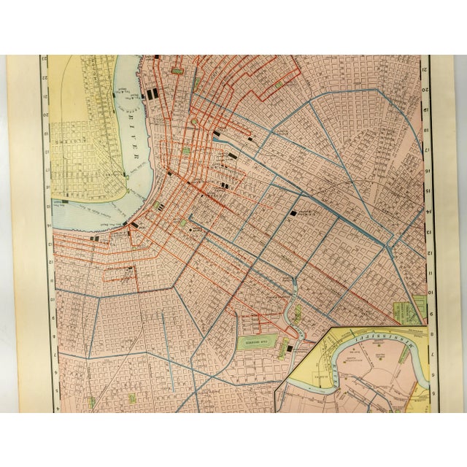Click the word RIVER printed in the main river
pos(136,147)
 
